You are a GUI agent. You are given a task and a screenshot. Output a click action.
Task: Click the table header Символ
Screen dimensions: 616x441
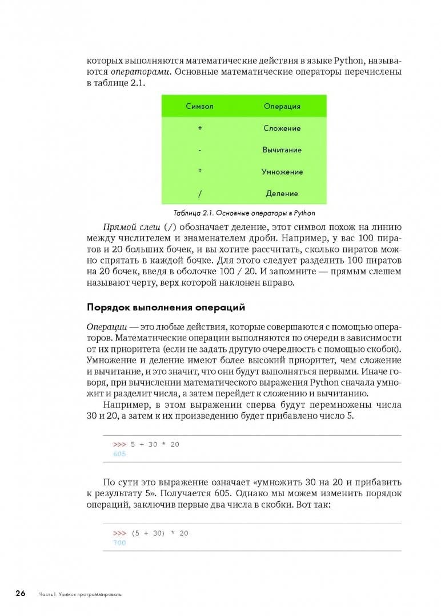pyautogui.click(x=200, y=107)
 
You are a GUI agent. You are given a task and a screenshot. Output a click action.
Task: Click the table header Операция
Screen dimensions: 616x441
pyautogui.click(x=282, y=107)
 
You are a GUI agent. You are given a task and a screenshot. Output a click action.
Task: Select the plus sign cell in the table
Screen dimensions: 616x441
pyautogui.click(x=200, y=128)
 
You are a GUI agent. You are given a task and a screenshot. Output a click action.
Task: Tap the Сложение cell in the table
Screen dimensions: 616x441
pyautogui.click(x=282, y=128)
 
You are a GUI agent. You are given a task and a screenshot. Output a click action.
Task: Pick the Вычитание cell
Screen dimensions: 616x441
pyautogui.click(x=282, y=150)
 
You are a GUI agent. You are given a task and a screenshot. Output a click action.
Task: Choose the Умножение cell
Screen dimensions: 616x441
pyautogui.click(x=282, y=172)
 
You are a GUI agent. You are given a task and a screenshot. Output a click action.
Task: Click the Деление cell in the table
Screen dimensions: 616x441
pyautogui.click(x=282, y=193)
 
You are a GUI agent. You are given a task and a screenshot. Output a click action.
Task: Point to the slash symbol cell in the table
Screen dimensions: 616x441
pyautogui.click(x=200, y=193)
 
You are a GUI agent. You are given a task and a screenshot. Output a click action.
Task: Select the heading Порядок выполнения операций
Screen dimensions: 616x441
pyautogui.click(x=166, y=307)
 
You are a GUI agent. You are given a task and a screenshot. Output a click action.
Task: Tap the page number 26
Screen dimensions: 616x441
pyautogui.click(x=21, y=593)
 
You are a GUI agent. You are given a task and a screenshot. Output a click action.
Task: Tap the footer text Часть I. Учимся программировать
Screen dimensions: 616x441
pyautogui.click(x=80, y=594)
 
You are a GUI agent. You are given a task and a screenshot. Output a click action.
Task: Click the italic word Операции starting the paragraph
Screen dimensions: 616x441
pyautogui.click(x=107, y=327)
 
